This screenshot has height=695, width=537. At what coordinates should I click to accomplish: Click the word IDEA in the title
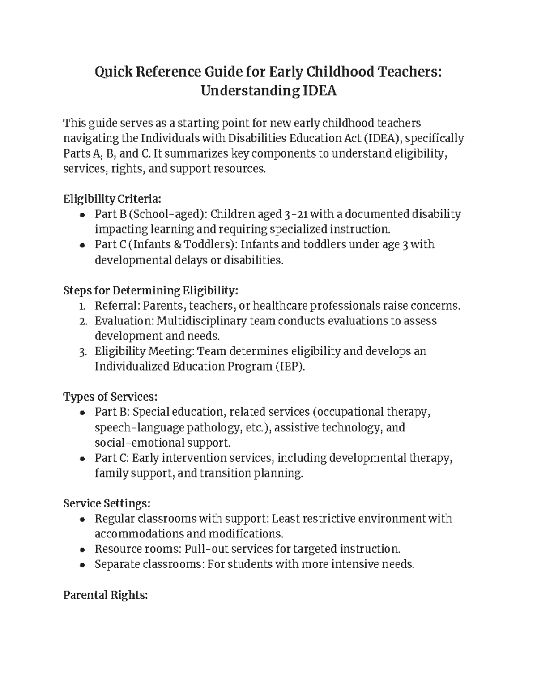click(320, 91)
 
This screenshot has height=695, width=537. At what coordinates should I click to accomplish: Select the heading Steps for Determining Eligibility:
click(151, 290)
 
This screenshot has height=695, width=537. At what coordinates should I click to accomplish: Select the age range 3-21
click(297, 214)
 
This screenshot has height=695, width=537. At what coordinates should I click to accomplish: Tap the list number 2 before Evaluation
click(82, 321)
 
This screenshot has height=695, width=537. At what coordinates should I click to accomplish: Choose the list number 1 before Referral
click(82, 306)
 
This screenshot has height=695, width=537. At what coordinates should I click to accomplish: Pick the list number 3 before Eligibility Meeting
click(82, 352)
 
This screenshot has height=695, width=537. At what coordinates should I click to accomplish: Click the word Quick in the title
click(114, 72)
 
